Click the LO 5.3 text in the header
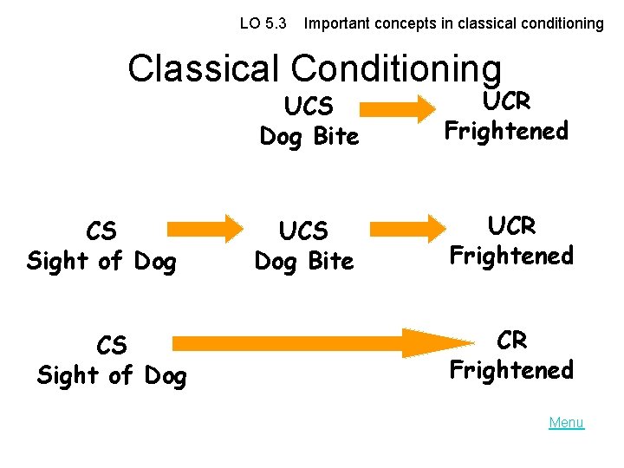263,23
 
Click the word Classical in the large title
205,68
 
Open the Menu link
566,423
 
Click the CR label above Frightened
511,341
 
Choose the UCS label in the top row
309,107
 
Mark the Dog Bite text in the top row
309,136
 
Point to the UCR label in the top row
506,101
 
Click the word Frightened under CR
511,370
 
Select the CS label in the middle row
101,231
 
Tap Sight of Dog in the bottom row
112,375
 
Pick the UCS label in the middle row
303,231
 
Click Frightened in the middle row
511,256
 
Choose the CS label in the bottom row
112,346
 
